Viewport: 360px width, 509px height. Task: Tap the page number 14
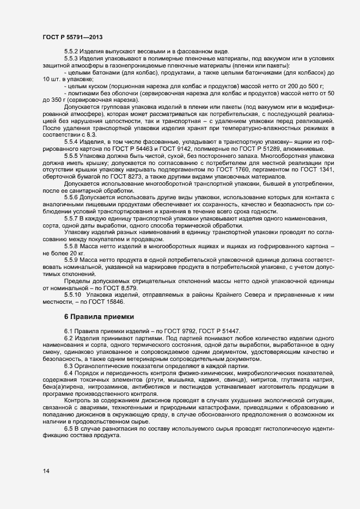coord(46,470)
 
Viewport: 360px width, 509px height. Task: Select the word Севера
coord(266,295)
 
